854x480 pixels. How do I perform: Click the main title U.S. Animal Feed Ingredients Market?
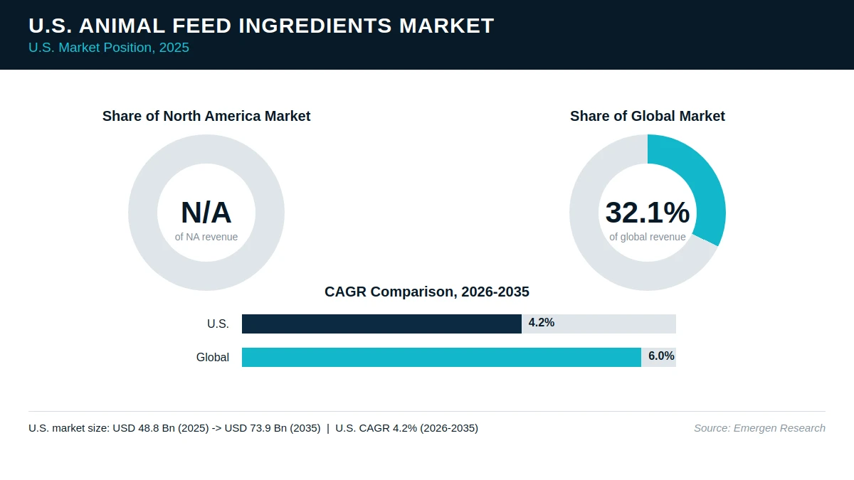pyautogui.click(x=261, y=26)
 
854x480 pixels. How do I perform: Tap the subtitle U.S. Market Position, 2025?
pyautogui.click(x=109, y=48)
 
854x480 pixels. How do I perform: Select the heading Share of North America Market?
pyautogui.click(x=206, y=116)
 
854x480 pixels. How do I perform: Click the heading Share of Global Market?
pyautogui.click(x=648, y=116)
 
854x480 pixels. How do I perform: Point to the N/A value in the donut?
pyautogui.click(x=206, y=213)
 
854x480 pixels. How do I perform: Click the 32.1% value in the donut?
pyautogui.click(x=648, y=213)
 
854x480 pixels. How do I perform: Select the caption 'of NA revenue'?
pyautogui.click(x=206, y=237)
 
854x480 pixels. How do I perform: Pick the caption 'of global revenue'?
pyautogui.click(x=648, y=237)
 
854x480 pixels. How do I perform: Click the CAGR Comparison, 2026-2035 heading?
pyautogui.click(x=427, y=292)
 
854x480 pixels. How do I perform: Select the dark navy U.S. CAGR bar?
pyautogui.click(x=381, y=324)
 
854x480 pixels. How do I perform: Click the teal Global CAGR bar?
pyautogui.click(x=441, y=357)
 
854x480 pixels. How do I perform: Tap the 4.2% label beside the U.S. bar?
pyautogui.click(x=542, y=323)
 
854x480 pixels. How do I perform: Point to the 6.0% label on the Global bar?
pyautogui.click(x=661, y=356)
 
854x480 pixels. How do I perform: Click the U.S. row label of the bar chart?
pyautogui.click(x=218, y=324)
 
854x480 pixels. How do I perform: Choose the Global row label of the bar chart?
pyautogui.click(x=213, y=357)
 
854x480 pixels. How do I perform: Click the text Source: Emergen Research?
pyautogui.click(x=759, y=428)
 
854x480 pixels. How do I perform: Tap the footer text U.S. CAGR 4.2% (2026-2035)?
pyautogui.click(x=407, y=428)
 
